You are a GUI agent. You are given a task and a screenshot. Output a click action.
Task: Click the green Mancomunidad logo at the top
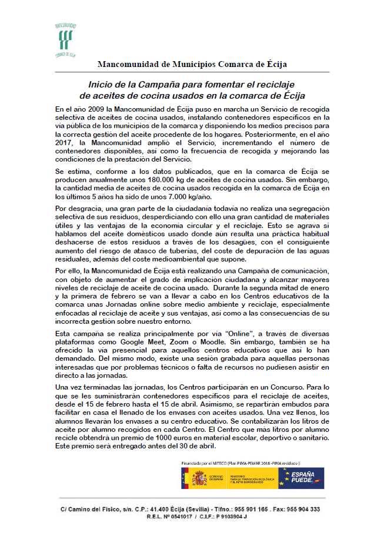click(x=65, y=40)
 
